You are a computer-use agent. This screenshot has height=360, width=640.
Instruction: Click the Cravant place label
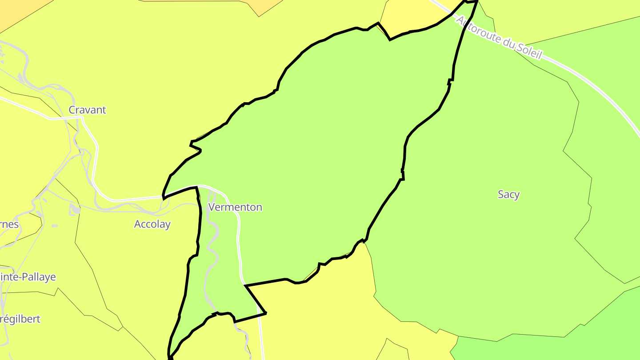click(87, 110)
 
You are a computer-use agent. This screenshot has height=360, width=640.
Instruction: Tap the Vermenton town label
click(235, 207)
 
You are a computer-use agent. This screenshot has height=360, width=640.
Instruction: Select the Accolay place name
click(152, 224)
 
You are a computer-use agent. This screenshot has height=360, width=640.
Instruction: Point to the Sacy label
click(508, 194)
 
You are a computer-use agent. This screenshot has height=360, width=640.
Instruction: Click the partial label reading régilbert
click(20, 319)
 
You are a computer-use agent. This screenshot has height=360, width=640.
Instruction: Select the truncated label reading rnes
click(9, 224)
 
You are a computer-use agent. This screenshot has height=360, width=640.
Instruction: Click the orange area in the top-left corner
click(11, 11)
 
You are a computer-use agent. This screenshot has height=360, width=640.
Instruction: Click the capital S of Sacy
click(501, 194)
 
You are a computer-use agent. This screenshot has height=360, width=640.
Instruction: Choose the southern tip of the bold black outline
click(169, 357)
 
